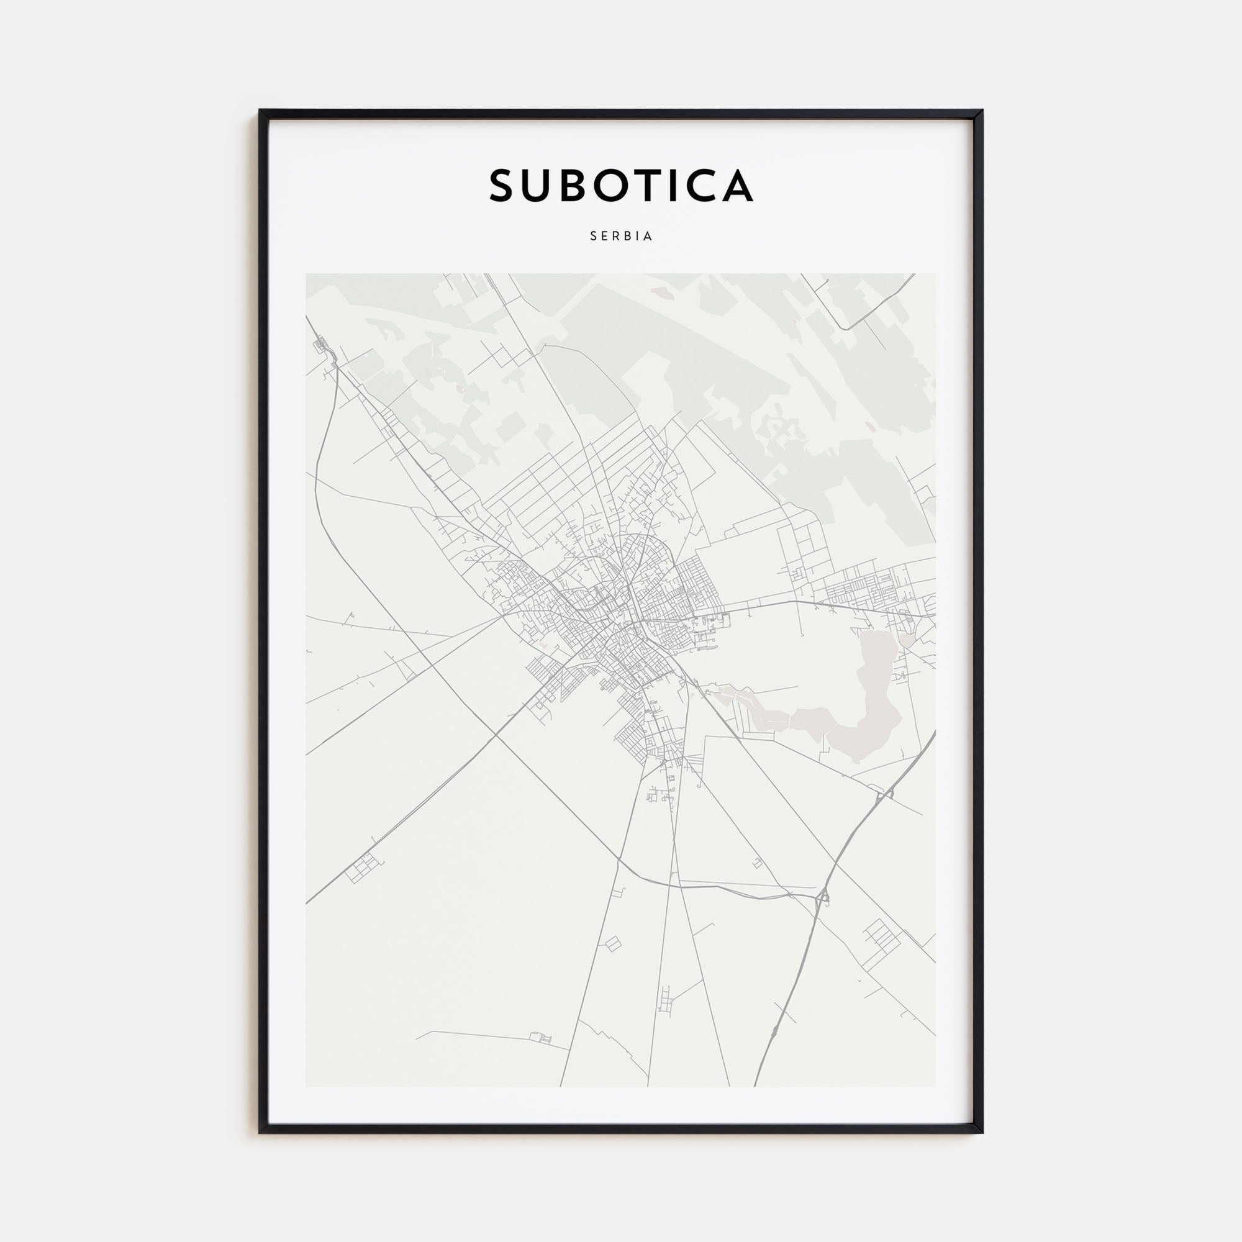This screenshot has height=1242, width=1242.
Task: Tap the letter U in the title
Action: [x=544, y=186]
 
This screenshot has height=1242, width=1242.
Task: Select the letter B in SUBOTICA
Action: [x=582, y=186]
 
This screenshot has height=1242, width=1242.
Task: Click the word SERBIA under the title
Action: [x=621, y=236]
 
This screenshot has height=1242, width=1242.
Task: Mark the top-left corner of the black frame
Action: [x=260, y=111]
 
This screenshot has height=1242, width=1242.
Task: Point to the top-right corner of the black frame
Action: [x=982, y=111]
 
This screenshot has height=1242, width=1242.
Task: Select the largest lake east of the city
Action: [x=864, y=700]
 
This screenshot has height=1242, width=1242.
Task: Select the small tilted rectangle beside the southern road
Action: [x=612, y=943]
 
